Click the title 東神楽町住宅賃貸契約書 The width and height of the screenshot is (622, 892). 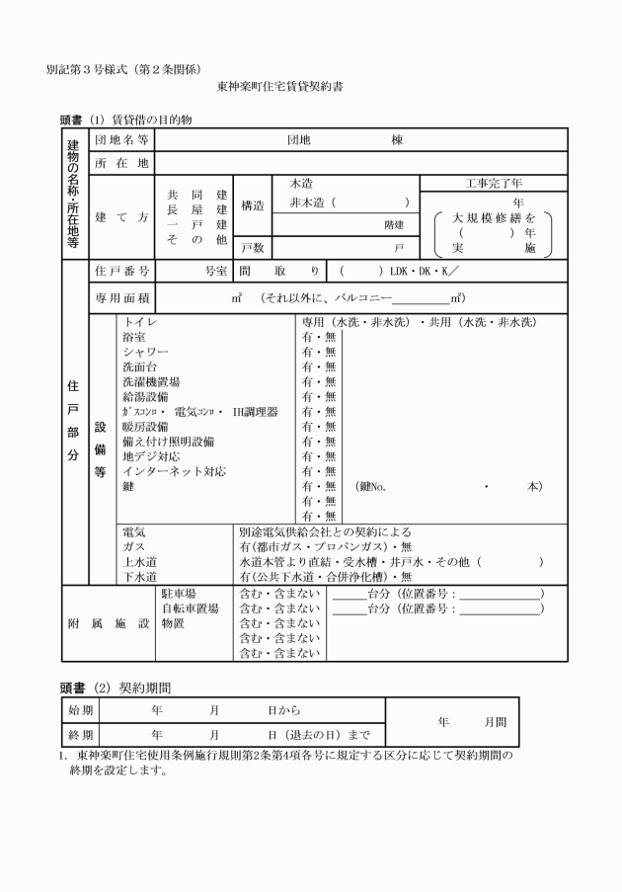pyautogui.click(x=280, y=87)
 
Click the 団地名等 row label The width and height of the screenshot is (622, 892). pyautogui.click(x=121, y=140)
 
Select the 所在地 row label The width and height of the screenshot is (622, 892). pyautogui.click(x=121, y=163)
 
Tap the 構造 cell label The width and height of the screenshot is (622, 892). pyautogui.click(x=254, y=205)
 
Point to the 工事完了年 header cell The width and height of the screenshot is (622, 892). pyautogui.click(x=495, y=184)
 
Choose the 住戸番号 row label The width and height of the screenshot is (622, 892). pyautogui.click(x=121, y=270)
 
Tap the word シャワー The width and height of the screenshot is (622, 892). pyautogui.click(x=145, y=352)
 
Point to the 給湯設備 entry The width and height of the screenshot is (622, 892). pyautogui.click(x=145, y=396)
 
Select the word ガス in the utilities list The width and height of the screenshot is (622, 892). pyautogui.click(x=132, y=545)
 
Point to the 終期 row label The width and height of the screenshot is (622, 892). pyautogui.click(x=79, y=735)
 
